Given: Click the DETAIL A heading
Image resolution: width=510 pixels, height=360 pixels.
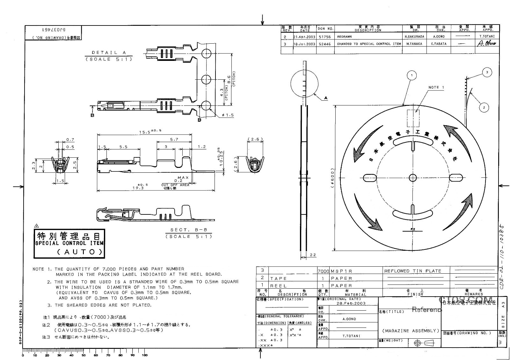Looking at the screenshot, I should pos(109,53).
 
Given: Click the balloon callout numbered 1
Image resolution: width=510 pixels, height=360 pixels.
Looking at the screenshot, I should pos(412,76).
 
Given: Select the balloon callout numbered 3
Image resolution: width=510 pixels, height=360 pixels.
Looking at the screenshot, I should pos(487,73).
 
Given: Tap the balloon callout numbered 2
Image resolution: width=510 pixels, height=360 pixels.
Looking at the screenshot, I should pos(484,107).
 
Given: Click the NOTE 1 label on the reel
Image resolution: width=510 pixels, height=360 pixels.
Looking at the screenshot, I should pos(436,87).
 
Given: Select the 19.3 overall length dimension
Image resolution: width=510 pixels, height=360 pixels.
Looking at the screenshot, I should pos(138,188).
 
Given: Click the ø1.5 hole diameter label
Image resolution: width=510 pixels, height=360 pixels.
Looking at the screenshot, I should pos(228,115).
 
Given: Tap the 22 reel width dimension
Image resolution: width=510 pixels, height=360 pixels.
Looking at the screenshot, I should pos(313,255).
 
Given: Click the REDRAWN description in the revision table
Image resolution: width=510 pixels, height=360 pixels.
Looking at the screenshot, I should pos(344,37).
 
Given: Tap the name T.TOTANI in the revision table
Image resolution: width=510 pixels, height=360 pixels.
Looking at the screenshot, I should pos(487,37).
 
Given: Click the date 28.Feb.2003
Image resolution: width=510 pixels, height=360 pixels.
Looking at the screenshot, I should pos(351,303).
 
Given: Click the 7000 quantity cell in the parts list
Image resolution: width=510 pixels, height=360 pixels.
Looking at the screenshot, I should pos(323,271).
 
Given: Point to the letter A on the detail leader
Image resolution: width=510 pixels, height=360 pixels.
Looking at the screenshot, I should pos(326,98).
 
